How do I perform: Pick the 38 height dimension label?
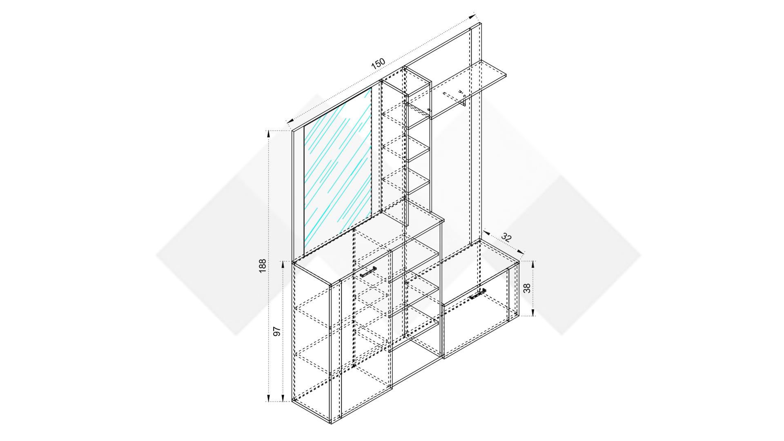(527, 288)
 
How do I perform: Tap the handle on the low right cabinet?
(477, 294)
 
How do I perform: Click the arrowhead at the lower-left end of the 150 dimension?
(291, 120)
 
